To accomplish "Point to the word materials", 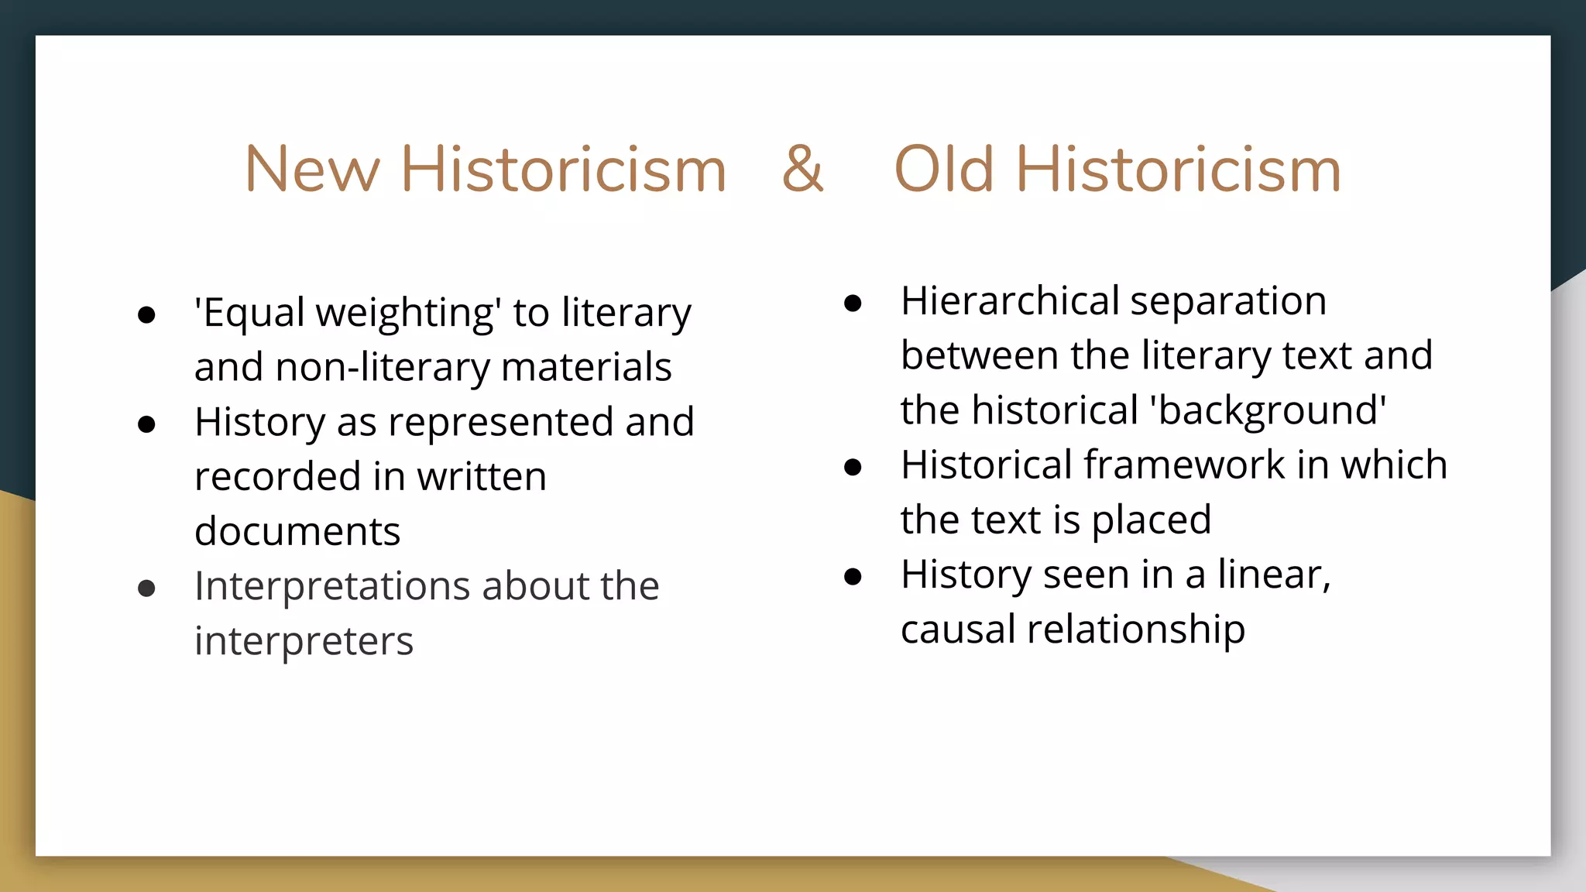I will pos(586,367).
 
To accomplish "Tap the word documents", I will pos(297,532).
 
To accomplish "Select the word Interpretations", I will pos(332,586).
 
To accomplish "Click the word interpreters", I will pos(304,642).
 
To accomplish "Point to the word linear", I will pos(1273,575).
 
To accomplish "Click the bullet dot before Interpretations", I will pos(146,588).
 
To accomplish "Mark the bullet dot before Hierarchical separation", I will pos(853,304).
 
